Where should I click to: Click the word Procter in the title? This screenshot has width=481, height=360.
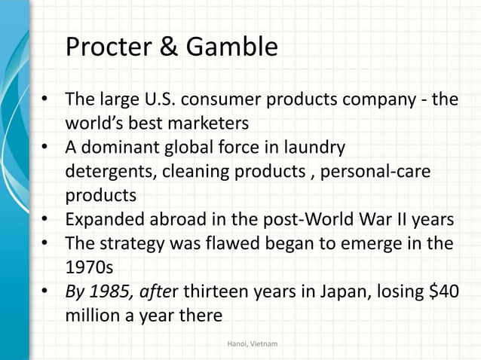110,48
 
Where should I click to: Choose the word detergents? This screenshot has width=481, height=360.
108,171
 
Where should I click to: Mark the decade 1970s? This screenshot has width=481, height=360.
87,268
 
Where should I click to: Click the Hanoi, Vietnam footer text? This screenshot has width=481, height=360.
252,343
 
